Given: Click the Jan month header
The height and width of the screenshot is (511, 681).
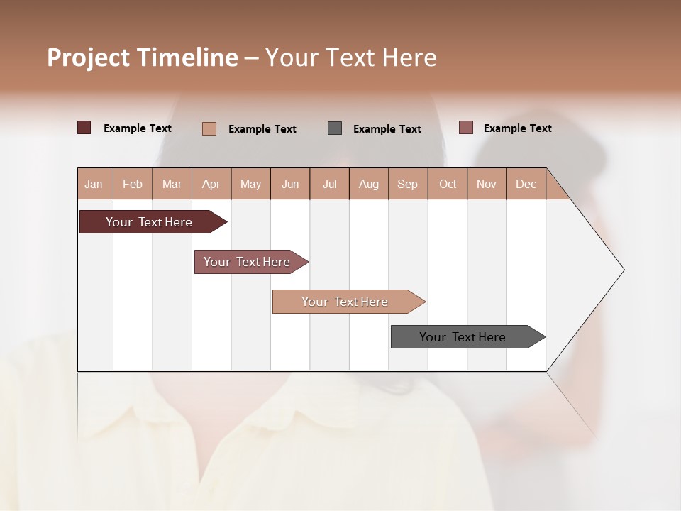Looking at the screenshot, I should pyautogui.click(x=94, y=184).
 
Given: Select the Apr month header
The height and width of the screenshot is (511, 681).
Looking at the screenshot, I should pyautogui.click(x=211, y=184).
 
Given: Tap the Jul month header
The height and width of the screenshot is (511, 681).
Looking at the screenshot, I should pyautogui.click(x=329, y=184).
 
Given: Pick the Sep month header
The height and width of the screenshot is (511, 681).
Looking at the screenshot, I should pyautogui.click(x=407, y=184).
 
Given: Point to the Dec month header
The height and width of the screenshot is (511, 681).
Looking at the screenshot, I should pyautogui.click(x=526, y=184).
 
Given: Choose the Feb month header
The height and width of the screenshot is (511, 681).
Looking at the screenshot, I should pyautogui.click(x=133, y=184).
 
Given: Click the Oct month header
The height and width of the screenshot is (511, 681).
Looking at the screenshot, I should pyautogui.click(x=448, y=184).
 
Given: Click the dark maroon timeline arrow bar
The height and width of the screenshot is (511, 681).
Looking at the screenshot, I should pyautogui.click(x=149, y=222).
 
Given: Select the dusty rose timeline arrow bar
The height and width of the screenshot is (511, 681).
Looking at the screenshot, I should pyautogui.click(x=247, y=262).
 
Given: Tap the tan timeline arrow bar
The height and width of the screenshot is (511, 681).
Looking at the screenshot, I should pyautogui.click(x=345, y=302).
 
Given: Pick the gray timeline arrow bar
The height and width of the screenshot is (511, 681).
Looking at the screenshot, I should pyautogui.click(x=463, y=337).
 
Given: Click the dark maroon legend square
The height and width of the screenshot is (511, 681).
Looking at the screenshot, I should pyautogui.click(x=84, y=128).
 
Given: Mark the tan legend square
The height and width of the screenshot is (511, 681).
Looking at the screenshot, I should pyautogui.click(x=209, y=128).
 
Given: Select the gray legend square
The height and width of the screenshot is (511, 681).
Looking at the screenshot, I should pyautogui.click(x=335, y=128).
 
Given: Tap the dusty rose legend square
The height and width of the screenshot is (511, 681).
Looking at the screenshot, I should pyautogui.click(x=466, y=128).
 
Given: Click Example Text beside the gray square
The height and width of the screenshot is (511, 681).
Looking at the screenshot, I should pyautogui.click(x=387, y=128).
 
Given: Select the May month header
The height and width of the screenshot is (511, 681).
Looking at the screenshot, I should pyautogui.click(x=250, y=184).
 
